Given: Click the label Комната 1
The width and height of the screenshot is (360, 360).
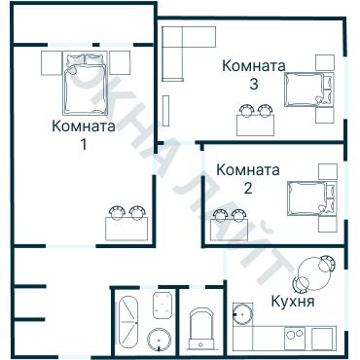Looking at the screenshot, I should point(84,135).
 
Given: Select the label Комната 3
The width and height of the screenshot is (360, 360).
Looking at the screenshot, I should point(253,75).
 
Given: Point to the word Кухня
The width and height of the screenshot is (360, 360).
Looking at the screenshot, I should point(293,302).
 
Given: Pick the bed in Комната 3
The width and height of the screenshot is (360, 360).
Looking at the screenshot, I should point(308,90).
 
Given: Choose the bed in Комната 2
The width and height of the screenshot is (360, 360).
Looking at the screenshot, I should point(310,199).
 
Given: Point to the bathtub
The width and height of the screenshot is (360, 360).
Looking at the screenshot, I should point(129,320).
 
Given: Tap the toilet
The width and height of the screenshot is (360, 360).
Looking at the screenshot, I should point(202,327).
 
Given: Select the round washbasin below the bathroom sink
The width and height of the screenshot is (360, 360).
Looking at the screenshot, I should point(161,339).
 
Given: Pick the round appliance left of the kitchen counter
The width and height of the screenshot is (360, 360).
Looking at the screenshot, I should point(241,314).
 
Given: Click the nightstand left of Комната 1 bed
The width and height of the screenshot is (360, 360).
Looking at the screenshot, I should point(52,63).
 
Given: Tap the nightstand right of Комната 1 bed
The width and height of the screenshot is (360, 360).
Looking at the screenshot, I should point(120,63).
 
